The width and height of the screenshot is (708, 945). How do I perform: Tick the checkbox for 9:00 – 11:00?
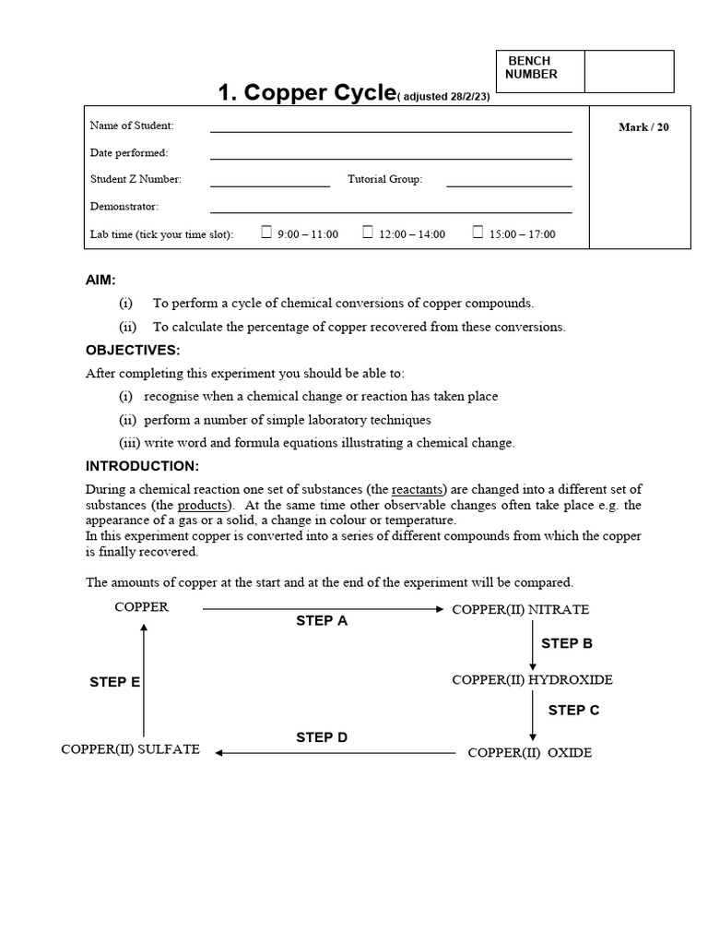pyautogui.click(x=266, y=233)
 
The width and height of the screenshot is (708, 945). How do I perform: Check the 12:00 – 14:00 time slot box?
pyautogui.click(x=367, y=233)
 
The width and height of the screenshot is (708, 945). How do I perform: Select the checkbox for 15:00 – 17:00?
pyautogui.click(x=478, y=233)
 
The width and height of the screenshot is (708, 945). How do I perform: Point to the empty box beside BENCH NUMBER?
pyautogui.click(x=629, y=71)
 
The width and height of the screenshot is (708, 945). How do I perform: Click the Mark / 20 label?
pyautogui.click(x=643, y=127)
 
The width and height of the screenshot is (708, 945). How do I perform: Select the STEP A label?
pyautogui.click(x=322, y=621)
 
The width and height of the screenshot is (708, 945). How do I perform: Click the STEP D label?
pyautogui.click(x=322, y=737)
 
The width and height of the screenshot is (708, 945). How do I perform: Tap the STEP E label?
pyautogui.click(x=114, y=682)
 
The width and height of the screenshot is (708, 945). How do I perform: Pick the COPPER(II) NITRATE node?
pyautogui.click(x=520, y=610)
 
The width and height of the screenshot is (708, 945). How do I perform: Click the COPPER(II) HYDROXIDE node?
pyautogui.click(x=532, y=680)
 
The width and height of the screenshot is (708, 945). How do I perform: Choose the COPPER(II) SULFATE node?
pyautogui.click(x=130, y=749)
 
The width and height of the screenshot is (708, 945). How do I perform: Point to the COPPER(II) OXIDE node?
pyautogui.click(x=529, y=753)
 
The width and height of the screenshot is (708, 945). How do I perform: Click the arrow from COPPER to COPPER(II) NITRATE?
pyautogui.click(x=323, y=609)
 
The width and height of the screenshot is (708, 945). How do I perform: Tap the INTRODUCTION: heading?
pyautogui.click(x=142, y=466)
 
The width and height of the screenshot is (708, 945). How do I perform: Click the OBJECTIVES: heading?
pyautogui.click(x=133, y=350)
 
